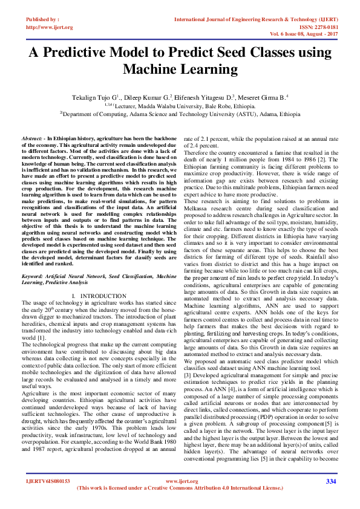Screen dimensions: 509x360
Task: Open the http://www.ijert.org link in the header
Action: click(50, 27)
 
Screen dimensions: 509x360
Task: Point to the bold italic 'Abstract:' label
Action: click(33, 138)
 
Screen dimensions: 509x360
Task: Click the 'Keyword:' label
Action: click(33, 276)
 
